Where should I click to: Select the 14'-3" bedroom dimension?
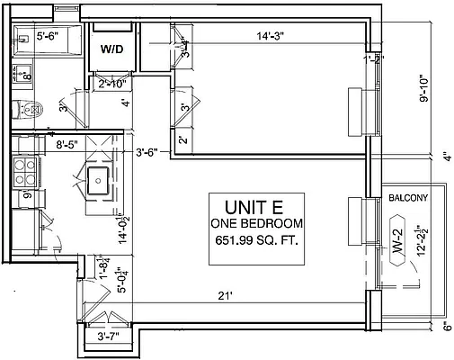[273, 37]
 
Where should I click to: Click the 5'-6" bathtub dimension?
[52, 38]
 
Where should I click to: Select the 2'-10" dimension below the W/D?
[113, 83]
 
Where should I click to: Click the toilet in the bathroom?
[30, 111]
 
